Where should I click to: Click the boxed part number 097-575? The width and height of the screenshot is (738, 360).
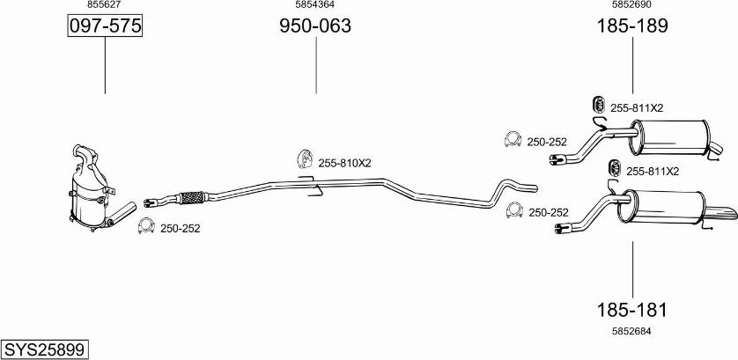tap(105, 26)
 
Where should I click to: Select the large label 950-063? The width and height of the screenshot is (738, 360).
tap(315, 26)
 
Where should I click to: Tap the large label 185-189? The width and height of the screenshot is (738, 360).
tap(632, 26)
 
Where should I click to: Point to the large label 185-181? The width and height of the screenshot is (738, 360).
tap(632, 310)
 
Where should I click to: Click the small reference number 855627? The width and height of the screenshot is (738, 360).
tap(104, 4)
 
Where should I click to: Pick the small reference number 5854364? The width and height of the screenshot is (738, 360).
tap(315, 4)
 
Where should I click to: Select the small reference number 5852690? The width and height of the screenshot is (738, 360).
tap(631, 4)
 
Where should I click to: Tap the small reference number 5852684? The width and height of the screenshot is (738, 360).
tap(631, 331)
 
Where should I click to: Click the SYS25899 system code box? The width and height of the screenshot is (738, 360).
tap(45, 349)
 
